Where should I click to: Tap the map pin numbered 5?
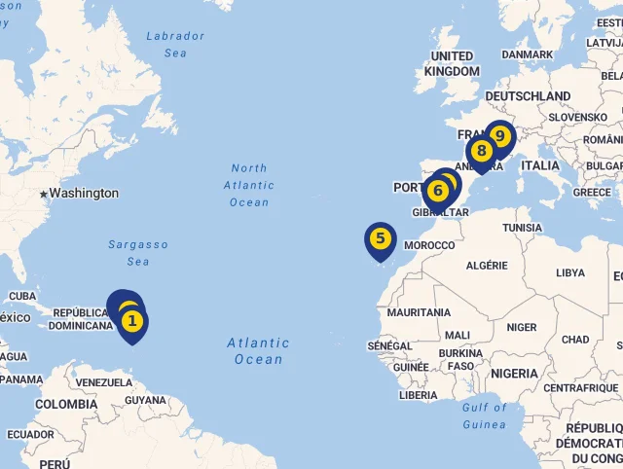(x=380, y=238)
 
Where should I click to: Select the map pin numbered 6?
(x=437, y=191)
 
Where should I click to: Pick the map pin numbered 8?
(x=481, y=151)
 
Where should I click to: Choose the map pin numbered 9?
(x=499, y=135)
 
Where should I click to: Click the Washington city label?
(x=84, y=194)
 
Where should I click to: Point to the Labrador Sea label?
(x=175, y=45)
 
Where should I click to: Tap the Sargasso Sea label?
(x=138, y=253)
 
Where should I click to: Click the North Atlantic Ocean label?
(x=249, y=185)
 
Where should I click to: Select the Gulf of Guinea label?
(x=484, y=415)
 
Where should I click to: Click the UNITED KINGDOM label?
(x=452, y=64)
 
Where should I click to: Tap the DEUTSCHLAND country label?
(x=528, y=97)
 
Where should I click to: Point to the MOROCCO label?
(x=428, y=245)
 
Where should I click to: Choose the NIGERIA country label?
(x=514, y=374)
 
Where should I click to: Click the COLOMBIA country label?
(x=66, y=404)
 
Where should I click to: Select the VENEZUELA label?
(x=103, y=382)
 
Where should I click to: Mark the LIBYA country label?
(x=570, y=272)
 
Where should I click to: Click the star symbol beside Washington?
(x=43, y=195)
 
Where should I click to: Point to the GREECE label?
(x=592, y=193)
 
